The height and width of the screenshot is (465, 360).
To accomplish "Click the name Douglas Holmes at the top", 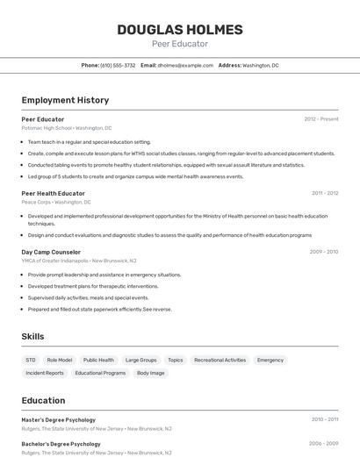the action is click(180, 30).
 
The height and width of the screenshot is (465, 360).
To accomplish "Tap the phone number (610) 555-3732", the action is click(118, 65).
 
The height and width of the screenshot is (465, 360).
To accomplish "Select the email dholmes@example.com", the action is click(185, 65).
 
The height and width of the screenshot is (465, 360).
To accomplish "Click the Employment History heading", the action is click(65, 100).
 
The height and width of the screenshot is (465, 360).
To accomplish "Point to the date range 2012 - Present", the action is click(321, 118).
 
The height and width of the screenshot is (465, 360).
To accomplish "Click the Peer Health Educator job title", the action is click(54, 193).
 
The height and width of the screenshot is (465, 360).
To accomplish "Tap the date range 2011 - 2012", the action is click(325, 193).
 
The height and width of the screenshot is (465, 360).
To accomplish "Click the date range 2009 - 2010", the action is click(324, 252).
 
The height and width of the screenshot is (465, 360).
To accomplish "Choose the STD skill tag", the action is click(31, 360).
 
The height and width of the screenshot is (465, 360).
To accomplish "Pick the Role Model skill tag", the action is click(60, 360).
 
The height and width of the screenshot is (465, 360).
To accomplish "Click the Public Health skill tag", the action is click(98, 360).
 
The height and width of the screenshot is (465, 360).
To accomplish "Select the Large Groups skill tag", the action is click(140, 360).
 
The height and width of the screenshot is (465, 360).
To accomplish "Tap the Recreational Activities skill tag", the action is click(220, 360).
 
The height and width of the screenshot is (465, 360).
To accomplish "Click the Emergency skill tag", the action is click(270, 360).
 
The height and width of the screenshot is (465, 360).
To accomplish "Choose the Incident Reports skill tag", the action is click(45, 373).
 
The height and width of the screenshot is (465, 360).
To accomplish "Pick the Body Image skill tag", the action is click(150, 373).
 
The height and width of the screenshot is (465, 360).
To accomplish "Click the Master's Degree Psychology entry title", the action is click(59, 419).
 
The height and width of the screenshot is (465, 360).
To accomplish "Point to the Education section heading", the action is click(43, 401).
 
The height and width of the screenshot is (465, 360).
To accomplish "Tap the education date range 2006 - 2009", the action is click(324, 444).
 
